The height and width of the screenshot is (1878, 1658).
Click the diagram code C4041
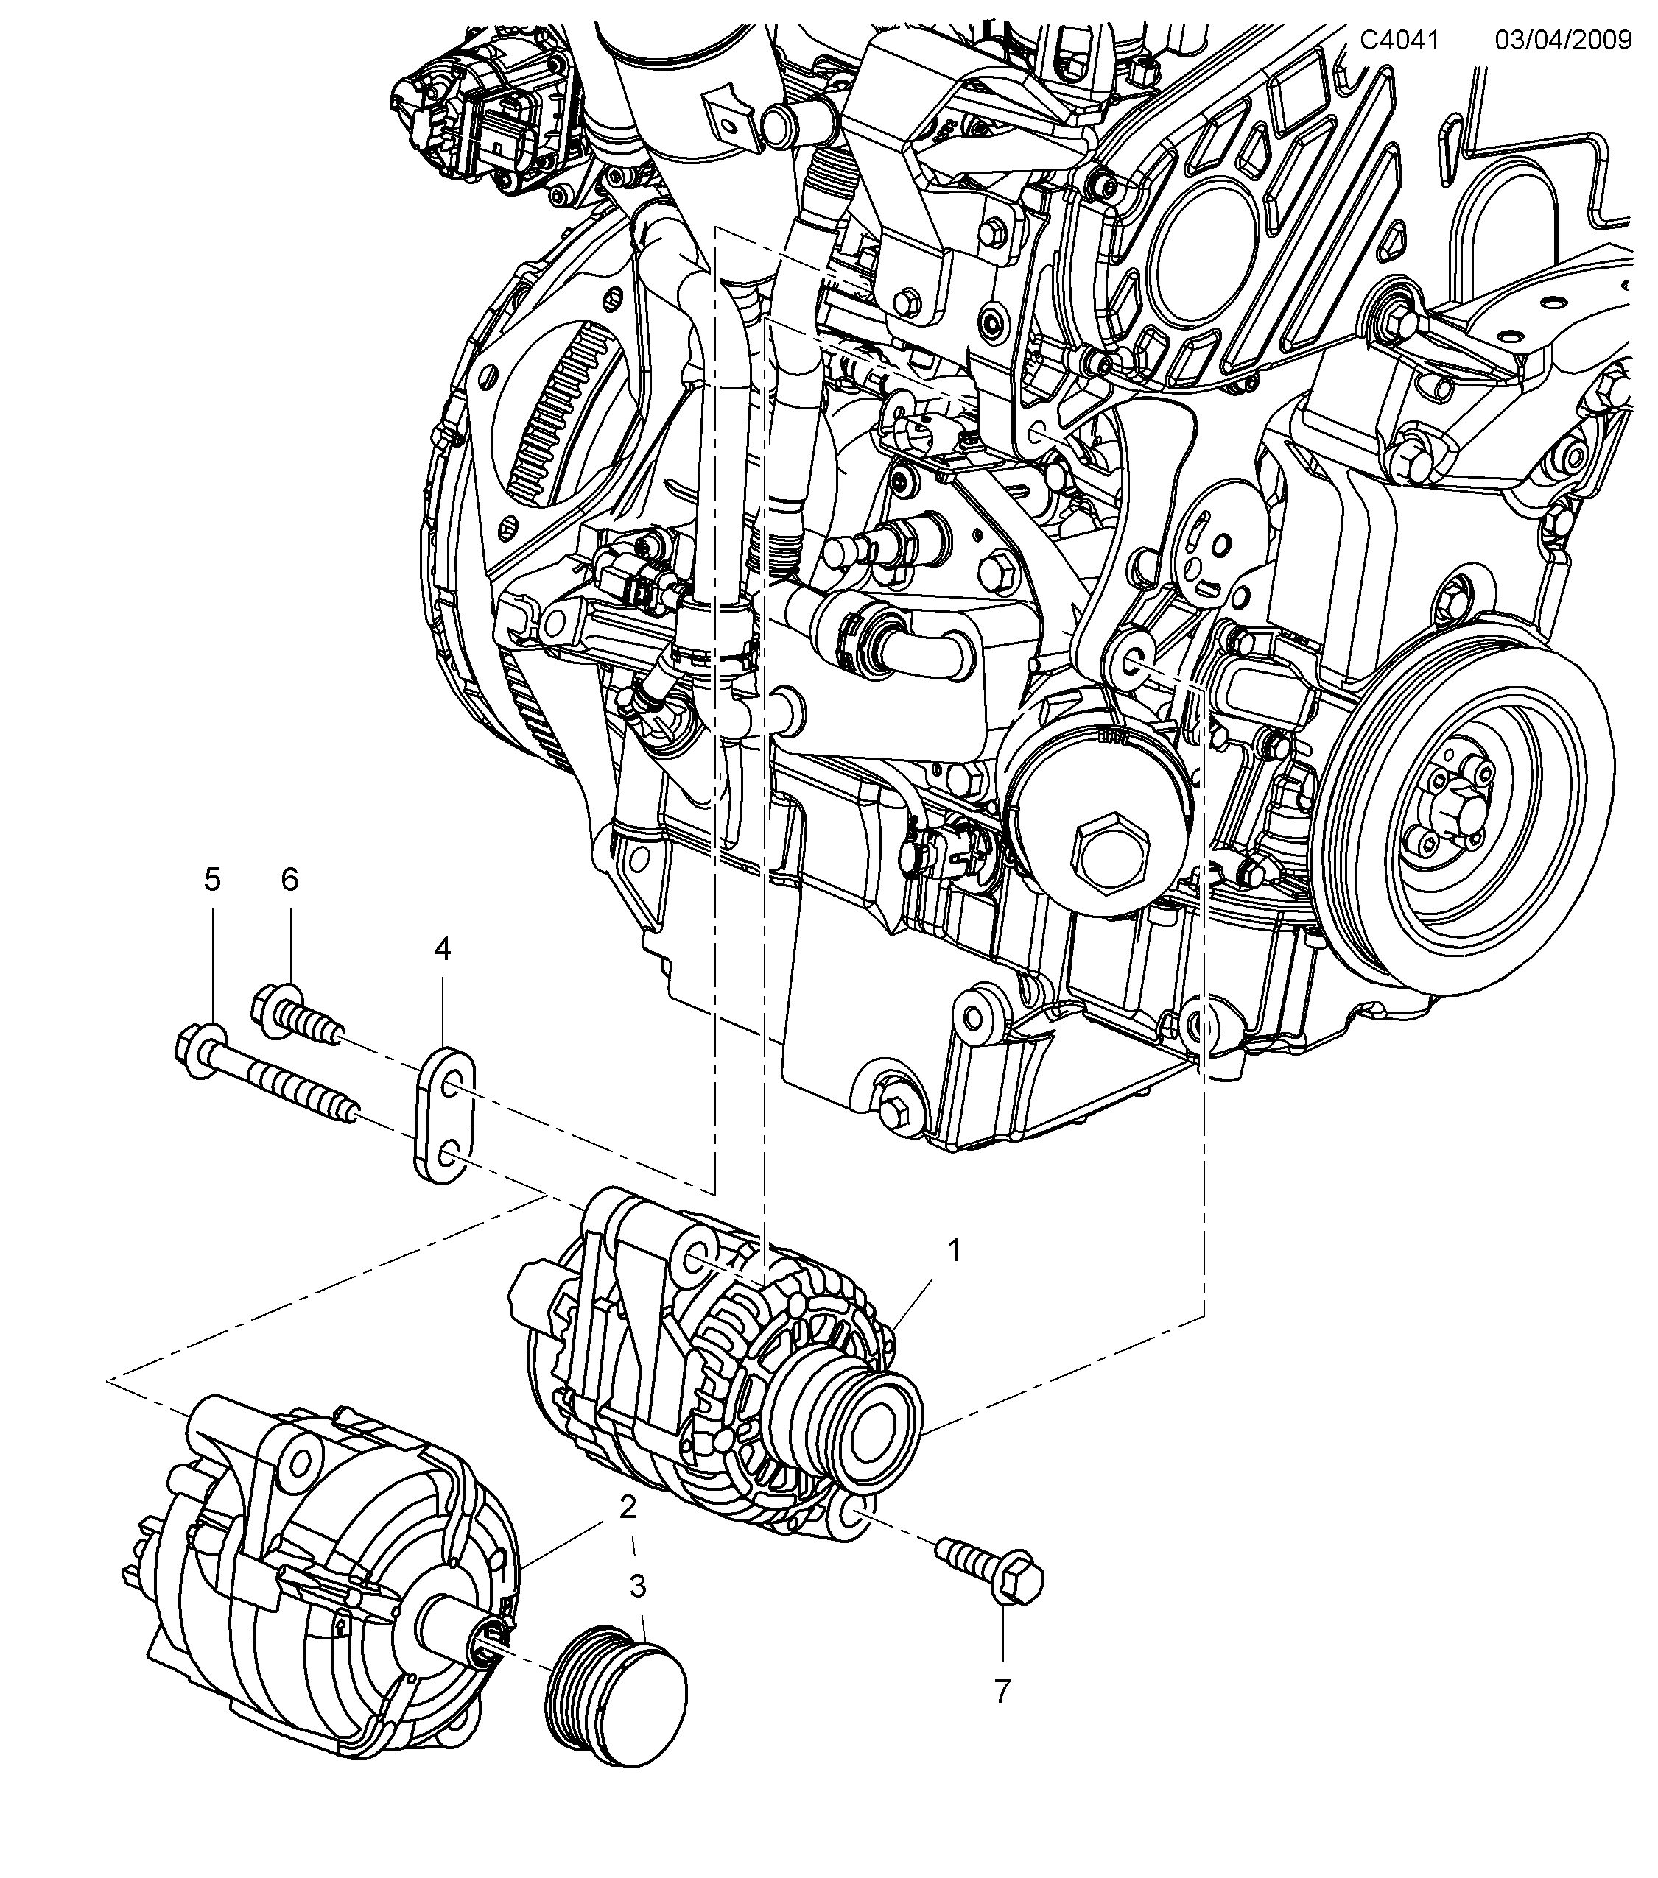[1399, 40]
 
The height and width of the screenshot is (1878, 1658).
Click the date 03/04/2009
[1563, 40]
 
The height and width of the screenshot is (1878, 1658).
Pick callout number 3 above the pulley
[638, 1586]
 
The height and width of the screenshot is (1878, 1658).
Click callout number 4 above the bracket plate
[442, 950]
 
